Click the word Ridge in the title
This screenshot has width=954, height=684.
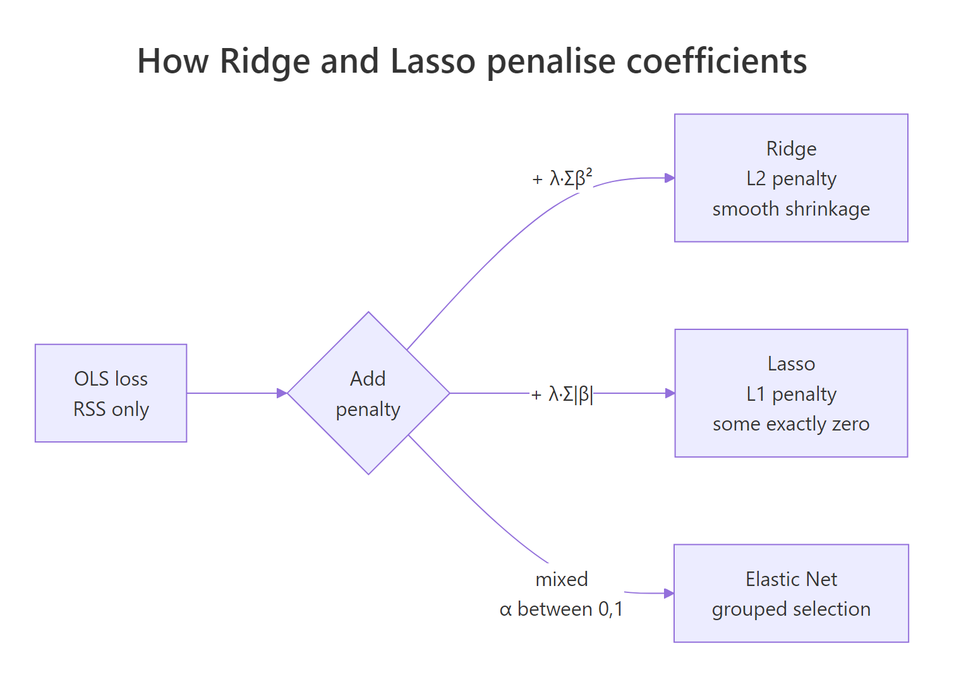tap(265, 62)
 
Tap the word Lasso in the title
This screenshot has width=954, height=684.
tap(433, 62)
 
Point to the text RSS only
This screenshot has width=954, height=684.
tap(111, 410)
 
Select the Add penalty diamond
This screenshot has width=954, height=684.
tap(368, 393)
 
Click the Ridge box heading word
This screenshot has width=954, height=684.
tap(791, 149)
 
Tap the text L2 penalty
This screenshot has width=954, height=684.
tap(791, 179)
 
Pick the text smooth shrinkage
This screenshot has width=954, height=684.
tap(791, 209)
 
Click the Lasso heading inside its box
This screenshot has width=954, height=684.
tap(791, 364)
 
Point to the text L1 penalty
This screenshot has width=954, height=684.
tap(791, 394)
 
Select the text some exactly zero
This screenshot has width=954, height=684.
tap(791, 424)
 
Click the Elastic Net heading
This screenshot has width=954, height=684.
tap(791, 579)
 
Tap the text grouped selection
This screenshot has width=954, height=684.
tap(791, 609)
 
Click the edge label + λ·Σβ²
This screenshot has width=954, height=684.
tap(562, 178)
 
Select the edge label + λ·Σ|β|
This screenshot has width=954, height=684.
tap(562, 394)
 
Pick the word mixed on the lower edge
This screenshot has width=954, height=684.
tap(562, 579)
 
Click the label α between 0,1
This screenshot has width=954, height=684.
tap(562, 609)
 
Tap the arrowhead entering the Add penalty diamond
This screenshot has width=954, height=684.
tap(282, 393)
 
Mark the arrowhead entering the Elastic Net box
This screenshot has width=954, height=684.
tap(669, 593)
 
